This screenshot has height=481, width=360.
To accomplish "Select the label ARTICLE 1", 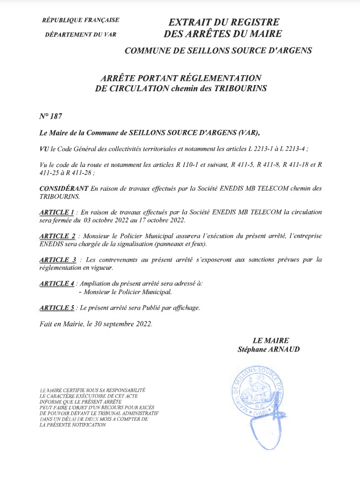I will tap(56, 212).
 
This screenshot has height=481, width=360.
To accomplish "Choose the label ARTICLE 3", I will tap(58, 259).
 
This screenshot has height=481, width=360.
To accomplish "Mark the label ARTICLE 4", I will tap(57, 283).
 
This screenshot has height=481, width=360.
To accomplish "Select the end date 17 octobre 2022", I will tap(165, 220).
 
